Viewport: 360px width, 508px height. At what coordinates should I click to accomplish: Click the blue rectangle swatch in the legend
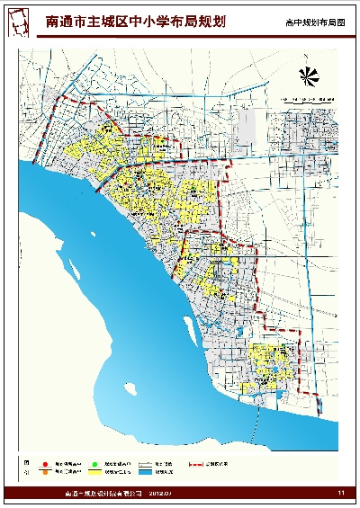(x=147, y=470)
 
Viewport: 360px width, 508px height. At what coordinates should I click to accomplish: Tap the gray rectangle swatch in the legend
(x=147, y=461)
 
